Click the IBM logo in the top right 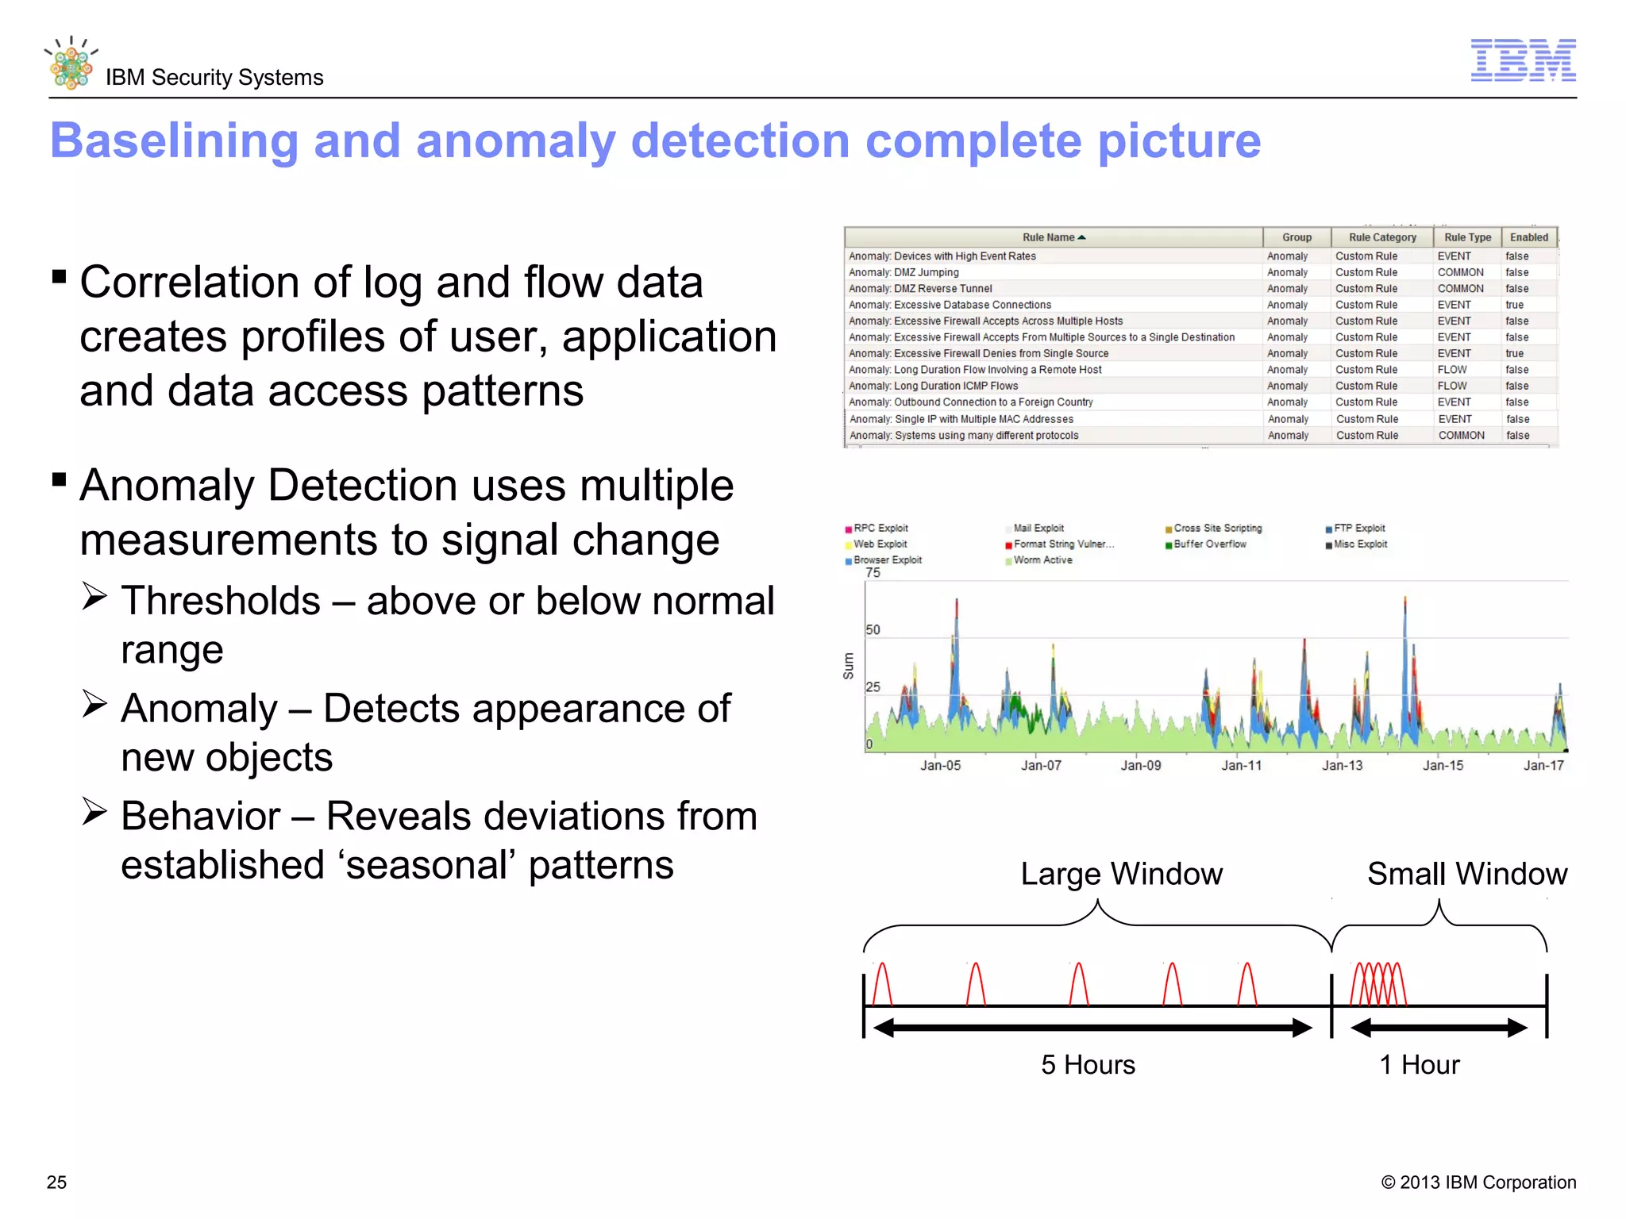1523,60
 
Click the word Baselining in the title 174,141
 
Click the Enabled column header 1528,237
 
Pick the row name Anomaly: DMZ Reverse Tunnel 920,289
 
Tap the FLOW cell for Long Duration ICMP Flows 1452,386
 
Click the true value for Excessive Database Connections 1514,305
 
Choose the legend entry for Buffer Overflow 1209,544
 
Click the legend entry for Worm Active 1042,560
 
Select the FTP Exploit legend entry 1358,529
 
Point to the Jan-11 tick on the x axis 1241,765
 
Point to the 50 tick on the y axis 873,630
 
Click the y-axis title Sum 849,666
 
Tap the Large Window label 1121,874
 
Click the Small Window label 1466,874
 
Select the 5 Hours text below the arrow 1088,1065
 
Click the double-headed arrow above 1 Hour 1439,1029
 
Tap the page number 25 57,1182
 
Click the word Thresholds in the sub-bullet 221,601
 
